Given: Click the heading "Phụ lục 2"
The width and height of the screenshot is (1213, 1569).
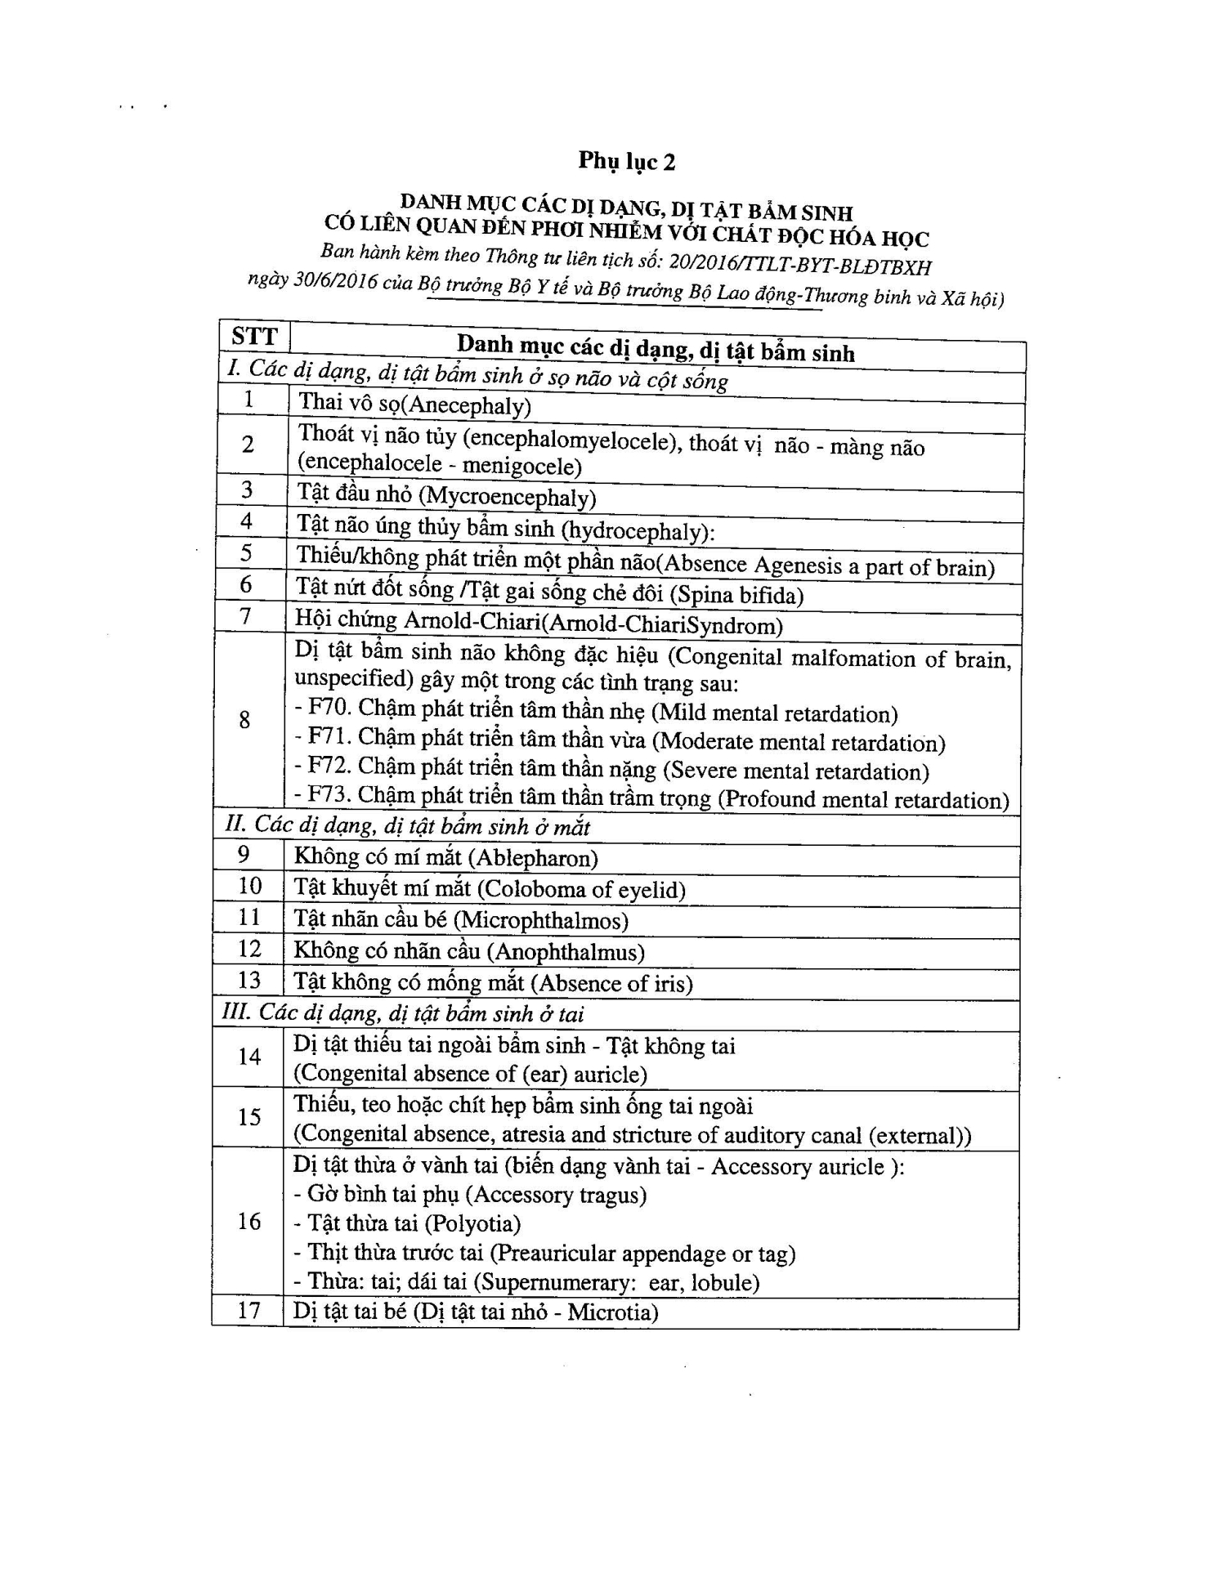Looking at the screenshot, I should (x=627, y=161).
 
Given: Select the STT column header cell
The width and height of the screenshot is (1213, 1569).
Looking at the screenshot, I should (x=254, y=337).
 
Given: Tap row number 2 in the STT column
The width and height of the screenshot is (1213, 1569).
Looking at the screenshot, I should (x=248, y=444).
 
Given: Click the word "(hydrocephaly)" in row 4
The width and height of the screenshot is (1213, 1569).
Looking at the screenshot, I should (x=636, y=531).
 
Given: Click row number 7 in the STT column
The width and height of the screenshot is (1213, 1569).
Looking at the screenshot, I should (x=245, y=615).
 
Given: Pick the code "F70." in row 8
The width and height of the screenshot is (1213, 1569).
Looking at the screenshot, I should (x=329, y=708).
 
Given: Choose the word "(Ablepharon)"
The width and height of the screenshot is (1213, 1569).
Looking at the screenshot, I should (x=538, y=858).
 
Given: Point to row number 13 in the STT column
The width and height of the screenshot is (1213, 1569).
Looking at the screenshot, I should (x=248, y=980).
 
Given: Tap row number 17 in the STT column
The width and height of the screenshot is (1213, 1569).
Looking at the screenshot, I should (x=248, y=1311).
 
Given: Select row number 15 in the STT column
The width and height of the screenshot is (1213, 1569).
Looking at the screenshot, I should (x=248, y=1117).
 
